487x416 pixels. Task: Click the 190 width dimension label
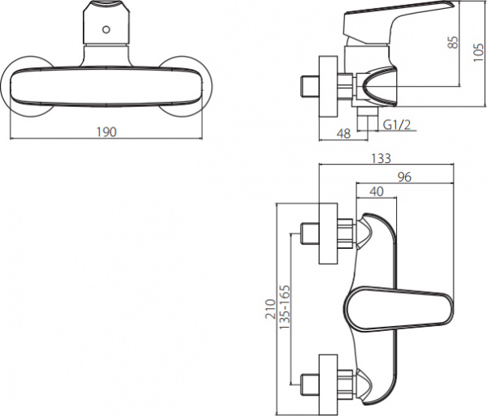(x=106, y=132)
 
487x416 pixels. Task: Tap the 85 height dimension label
(x=453, y=42)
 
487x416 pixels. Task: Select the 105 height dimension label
(x=479, y=53)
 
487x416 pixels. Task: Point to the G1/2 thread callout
(x=397, y=125)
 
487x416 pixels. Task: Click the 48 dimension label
(x=344, y=133)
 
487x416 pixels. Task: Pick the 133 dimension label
(x=381, y=158)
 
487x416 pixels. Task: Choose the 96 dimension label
(x=404, y=177)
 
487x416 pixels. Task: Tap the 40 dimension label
(x=377, y=191)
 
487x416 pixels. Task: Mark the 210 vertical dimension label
(x=270, y=309)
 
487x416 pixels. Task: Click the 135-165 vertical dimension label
(x=285, y=307)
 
